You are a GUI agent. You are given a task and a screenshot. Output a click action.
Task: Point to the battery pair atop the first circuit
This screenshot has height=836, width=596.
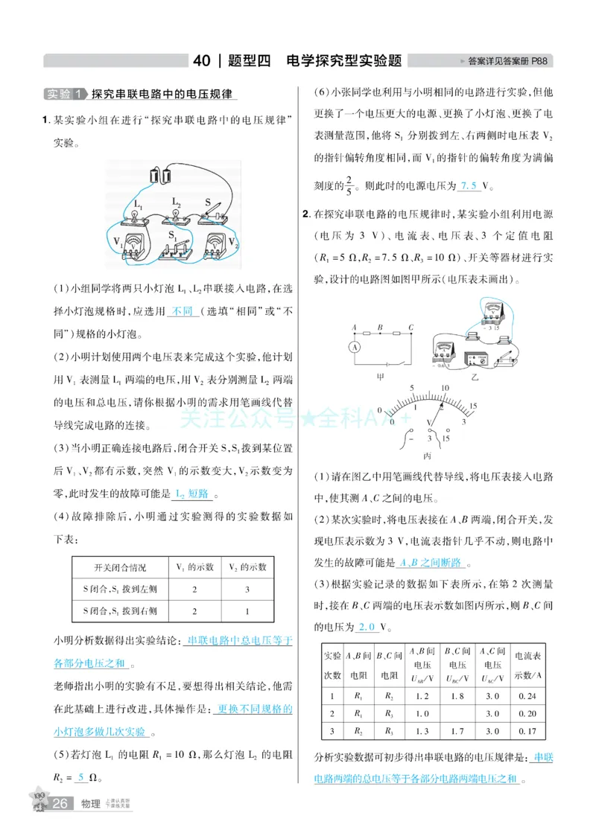click(161, 176)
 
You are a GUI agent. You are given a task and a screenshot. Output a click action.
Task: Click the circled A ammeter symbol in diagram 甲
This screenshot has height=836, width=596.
click(355, 347)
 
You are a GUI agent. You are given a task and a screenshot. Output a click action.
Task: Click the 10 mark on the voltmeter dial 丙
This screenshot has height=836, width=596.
click(445, 389)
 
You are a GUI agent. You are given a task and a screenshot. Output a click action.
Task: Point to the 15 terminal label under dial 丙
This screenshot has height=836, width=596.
click(447, 438)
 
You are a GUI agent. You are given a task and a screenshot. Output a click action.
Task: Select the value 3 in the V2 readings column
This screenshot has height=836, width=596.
click(237, 589)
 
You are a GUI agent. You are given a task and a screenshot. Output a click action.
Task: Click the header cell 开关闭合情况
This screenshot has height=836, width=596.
click(121, 567)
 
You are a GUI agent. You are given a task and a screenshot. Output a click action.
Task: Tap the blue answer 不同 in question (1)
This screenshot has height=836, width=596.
click(181, 310)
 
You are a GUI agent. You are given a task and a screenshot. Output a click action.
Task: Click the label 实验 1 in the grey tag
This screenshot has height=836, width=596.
click(64, 95)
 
